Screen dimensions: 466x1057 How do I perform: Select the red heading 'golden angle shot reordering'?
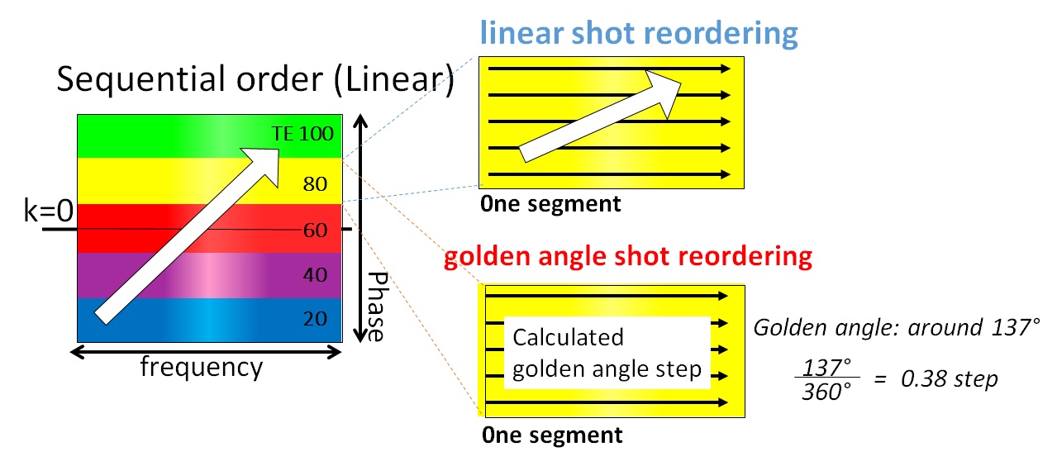click(x=627, y=256)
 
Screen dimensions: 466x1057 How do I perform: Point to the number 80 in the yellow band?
click(x=316, y=183)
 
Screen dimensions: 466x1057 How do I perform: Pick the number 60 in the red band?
click(x=316, y=230)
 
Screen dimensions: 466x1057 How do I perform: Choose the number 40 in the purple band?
click(x=316, y=274)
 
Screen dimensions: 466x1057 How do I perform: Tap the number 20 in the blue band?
click(x=316, y=319)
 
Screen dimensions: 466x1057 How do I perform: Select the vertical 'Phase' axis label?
click(x=376, y=306)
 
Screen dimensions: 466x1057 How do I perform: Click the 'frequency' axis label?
click(x=202, y=365)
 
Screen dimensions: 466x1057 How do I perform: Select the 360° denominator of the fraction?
click(x=826, y=392)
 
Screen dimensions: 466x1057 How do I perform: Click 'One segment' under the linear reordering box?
click(x=550, y=203)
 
